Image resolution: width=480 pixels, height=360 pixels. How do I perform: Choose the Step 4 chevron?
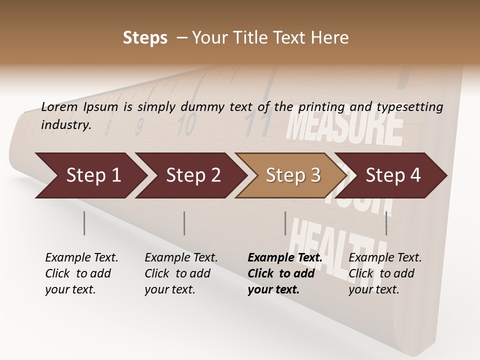pos(392,175)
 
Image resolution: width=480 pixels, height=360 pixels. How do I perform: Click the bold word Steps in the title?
pos(145,38)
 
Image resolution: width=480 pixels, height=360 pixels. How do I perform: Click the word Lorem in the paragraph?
pos(59,107)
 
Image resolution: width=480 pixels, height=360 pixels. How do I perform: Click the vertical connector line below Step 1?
pos(84,223)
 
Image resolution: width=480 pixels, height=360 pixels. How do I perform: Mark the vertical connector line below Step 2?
pos(184,223)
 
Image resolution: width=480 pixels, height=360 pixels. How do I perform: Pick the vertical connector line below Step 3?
pos(285,223)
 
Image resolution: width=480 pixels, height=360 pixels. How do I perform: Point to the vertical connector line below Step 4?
pos(386,223)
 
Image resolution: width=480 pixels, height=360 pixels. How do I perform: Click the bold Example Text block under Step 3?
pos(284,273)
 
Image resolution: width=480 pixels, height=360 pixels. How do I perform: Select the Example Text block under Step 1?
pos(81,273)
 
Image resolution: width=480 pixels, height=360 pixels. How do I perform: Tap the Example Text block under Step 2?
pos(180,273)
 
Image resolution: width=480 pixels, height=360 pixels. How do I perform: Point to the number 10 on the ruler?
pos(186,125)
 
